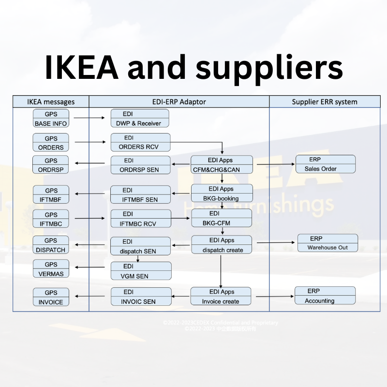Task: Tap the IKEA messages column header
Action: click(x=50, y=102)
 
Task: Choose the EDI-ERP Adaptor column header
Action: click(x=179, y=102)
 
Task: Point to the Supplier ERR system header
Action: click(x=325, y=102)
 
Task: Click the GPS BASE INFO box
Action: click(x=51, y=119)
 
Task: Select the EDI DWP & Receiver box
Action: click(x=140, y=119)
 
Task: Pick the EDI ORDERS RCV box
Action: click(x=140, y=142)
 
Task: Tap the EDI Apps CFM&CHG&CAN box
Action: click(x=222, y=165)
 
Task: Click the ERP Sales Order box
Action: click(x=325, y=164)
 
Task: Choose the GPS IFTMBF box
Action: click(x=51, y=194)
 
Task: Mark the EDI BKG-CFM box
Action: click(x=222, y=218)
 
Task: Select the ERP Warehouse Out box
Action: click(x=327, y=243)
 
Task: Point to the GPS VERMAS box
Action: click(x=51, y=269)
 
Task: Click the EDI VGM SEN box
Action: click(x=141, y=271)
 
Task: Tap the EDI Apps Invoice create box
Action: click(x=221, y=297)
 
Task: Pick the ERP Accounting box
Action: click(x=325, y=296)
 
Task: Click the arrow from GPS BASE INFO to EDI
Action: click(x=90, y=117)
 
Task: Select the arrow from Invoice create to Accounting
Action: click(x=273, y=296)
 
